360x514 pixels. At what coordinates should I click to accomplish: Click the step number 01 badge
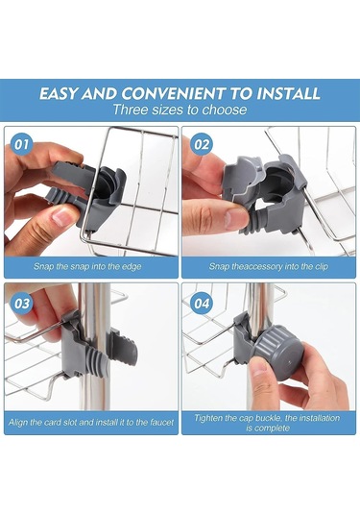click(x=22, y=144)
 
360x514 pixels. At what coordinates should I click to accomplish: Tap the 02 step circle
click(x=202, y=144)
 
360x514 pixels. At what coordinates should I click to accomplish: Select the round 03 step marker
click(x=22, y=304)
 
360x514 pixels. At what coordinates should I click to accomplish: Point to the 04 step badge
click(x=202, y=304)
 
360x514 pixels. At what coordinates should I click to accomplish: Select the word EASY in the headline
click(x=59, y=93)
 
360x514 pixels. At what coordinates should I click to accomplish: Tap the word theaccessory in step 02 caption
click(x=256, y=267)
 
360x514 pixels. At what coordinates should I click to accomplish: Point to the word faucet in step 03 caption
click(x=161, y=422)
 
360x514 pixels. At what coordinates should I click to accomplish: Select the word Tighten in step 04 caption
click(x=207, y=418)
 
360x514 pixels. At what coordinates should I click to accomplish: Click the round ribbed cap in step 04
click(x=278, y=352)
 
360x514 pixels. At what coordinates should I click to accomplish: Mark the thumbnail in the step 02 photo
click(x=236, y=218)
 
